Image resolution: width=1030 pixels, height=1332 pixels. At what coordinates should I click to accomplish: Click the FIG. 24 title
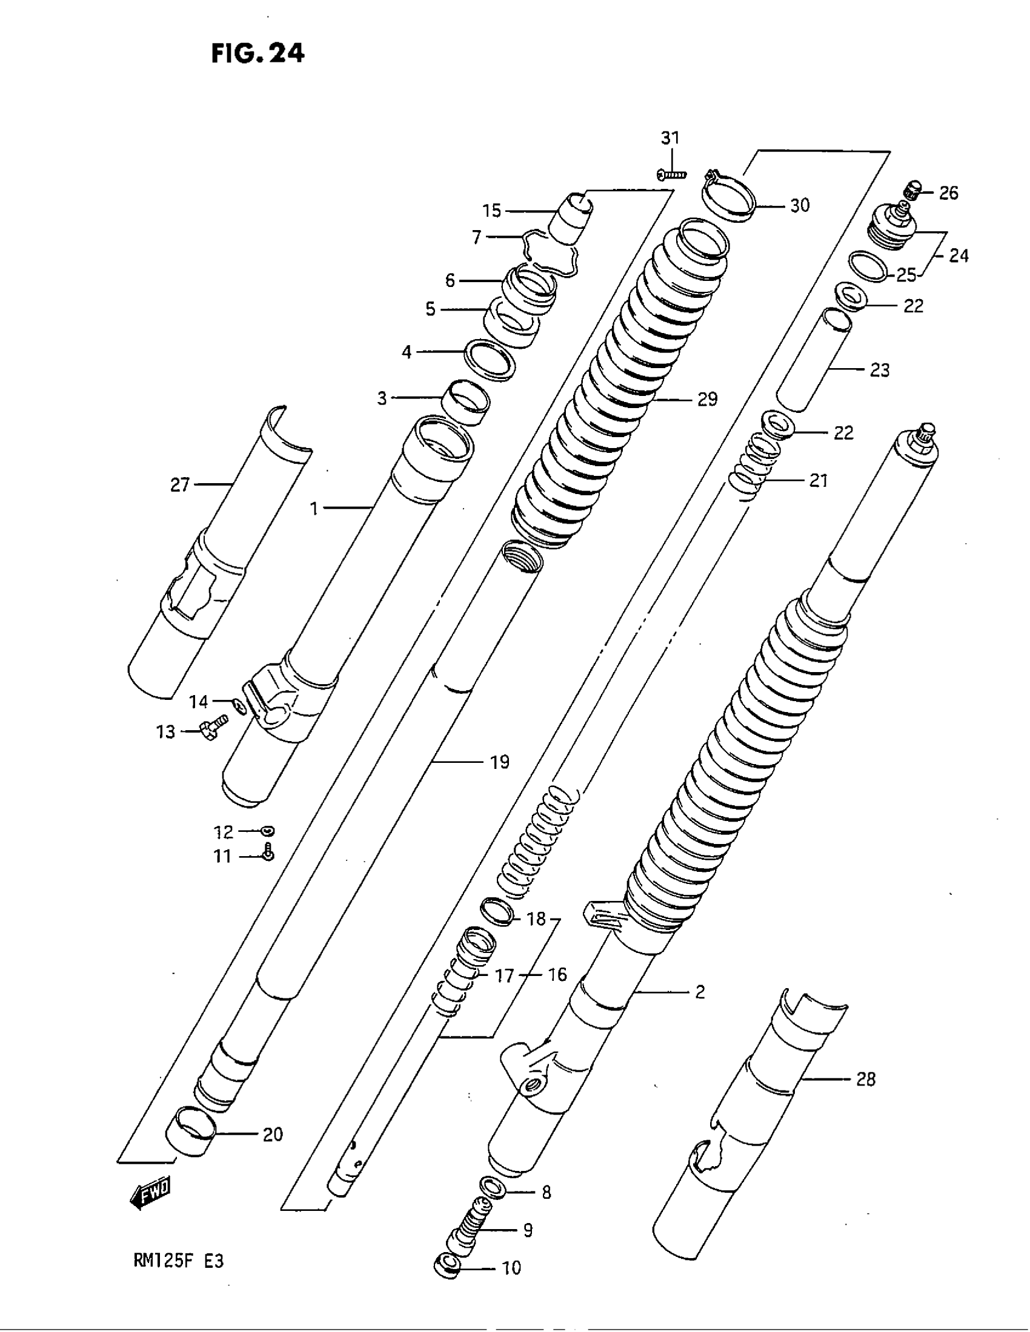click(257, 54)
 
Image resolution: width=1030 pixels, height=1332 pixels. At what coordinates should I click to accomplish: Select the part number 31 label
click(670, 139)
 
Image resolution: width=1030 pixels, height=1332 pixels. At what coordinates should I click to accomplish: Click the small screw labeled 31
click(672, 175)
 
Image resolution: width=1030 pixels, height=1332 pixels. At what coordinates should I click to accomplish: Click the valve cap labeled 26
click(911, 191)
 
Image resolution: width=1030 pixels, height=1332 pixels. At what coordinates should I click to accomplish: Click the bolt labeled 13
click(211, 727)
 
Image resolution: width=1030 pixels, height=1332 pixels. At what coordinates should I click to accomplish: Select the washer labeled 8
click(493, 1187)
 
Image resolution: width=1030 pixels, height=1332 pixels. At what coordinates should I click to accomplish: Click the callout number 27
click(179, 486)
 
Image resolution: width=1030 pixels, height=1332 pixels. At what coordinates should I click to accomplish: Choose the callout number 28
click(866, 1080)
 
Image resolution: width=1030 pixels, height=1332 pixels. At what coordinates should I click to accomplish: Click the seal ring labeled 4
click(490, 361)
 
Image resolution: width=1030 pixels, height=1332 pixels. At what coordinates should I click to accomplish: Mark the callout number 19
click(499, 762)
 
